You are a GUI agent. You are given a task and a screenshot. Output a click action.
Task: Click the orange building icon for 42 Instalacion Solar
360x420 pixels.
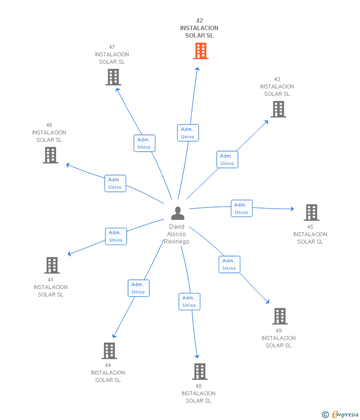(x=200, y=51)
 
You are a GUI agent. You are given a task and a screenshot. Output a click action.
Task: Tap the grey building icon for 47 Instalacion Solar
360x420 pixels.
(x=113, y=77)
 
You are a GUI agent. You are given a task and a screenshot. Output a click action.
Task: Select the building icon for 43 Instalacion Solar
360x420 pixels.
(x=278, y=109)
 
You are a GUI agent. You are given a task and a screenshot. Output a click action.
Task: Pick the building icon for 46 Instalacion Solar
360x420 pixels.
(x=50, y=155)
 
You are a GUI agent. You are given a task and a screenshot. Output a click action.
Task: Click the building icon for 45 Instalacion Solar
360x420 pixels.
(x=311, y=212)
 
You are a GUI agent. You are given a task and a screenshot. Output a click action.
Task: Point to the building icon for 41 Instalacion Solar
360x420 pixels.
(x=52, y=265)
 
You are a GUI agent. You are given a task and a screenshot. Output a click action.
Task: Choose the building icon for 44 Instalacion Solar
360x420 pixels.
(x=109, y=351)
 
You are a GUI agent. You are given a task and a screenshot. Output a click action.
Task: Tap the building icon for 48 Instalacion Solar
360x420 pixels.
(x=199, y=372)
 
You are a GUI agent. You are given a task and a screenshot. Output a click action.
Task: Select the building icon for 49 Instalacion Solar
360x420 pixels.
(x=280, y=316)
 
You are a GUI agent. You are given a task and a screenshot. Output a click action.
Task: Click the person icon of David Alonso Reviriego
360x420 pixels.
(x=178, y=213)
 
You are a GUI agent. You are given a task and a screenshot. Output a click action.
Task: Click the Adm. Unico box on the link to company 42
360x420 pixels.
(x=188, y=133)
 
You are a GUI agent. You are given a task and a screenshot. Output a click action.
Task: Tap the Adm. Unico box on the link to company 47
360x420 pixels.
(x=144, y=143)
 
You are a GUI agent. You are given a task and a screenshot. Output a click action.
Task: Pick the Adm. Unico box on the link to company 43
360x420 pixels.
(x=227, y=160)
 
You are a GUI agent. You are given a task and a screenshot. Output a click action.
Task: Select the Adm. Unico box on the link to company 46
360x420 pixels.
(x=115, y=183)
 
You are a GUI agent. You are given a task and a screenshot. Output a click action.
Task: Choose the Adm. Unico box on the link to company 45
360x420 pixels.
(x=242, y=209)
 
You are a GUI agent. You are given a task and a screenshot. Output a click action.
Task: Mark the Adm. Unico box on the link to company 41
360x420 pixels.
(x=116, y=236)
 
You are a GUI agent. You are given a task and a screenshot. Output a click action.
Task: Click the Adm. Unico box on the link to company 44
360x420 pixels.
(x=138, y=288)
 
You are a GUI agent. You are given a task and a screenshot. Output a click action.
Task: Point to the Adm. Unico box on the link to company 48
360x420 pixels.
(x=189, y=301)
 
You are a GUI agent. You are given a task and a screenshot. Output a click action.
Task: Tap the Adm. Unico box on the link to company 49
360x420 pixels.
(x=229, y=264)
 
